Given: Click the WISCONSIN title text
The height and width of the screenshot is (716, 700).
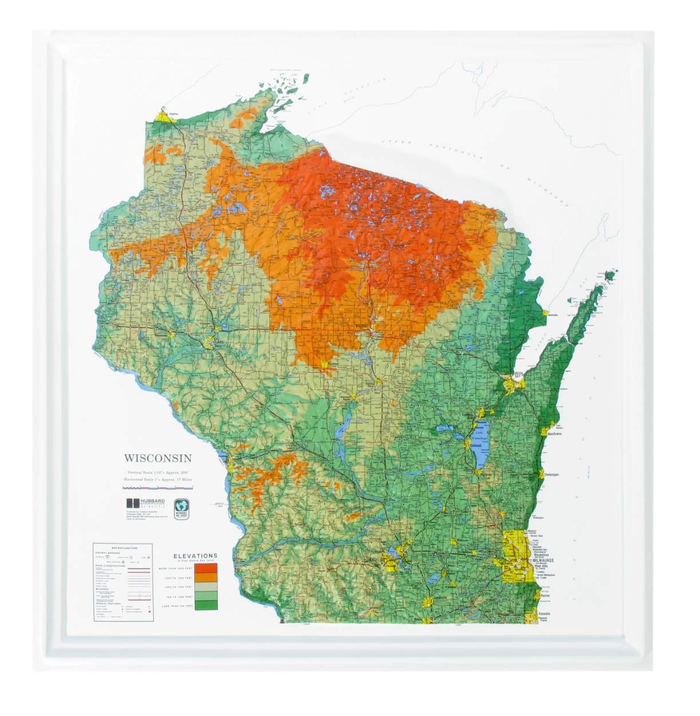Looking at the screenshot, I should click(x=158, y=458).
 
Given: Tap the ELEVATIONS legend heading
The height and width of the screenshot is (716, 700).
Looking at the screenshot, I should click(x=195, y=555).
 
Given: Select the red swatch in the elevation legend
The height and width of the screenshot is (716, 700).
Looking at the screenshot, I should click(x=205, y=569).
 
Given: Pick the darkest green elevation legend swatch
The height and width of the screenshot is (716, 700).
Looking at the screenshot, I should click(x=205, y=605).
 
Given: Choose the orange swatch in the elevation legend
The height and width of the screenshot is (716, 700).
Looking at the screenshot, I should click(x=205, y=578).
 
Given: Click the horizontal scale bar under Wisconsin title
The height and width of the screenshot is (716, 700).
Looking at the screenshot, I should click(x=158, y=487).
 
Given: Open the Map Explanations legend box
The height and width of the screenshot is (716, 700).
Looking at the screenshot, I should click(x=122, y=582).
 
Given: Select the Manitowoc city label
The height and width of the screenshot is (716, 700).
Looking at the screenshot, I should click(x=554, y=434).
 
